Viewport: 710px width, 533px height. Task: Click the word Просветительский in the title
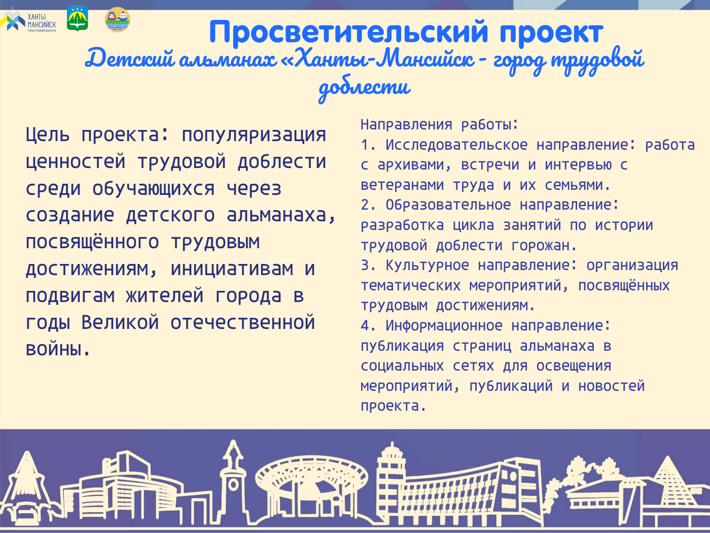[x=348, y=31]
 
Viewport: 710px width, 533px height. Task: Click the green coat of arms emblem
[x=77, y=19]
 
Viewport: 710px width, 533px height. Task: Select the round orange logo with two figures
[x=118, y=20]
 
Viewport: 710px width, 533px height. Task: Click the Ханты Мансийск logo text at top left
[x=42, y=22]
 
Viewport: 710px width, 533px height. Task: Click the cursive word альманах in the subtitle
[x=228, y=59]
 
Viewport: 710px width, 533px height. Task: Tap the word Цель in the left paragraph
[x=48, y=135]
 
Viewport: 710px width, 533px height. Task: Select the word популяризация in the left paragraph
[x=254, y=136]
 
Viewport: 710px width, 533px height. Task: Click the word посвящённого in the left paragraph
[x=92, y=242]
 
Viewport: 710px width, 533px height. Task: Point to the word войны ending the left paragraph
[x=58, y=349]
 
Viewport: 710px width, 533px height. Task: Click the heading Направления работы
[x=440, y=124]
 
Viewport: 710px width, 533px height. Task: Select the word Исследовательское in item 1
[x=456, y=145]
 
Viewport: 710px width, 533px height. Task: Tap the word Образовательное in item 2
[x=448, y=205]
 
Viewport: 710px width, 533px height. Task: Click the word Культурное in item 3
[x=428, y=265]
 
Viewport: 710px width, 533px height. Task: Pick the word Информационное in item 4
[x=444, y=325]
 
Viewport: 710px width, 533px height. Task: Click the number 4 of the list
[x=365, y=325]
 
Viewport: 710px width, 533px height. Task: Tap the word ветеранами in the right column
[x=402, y=185]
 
